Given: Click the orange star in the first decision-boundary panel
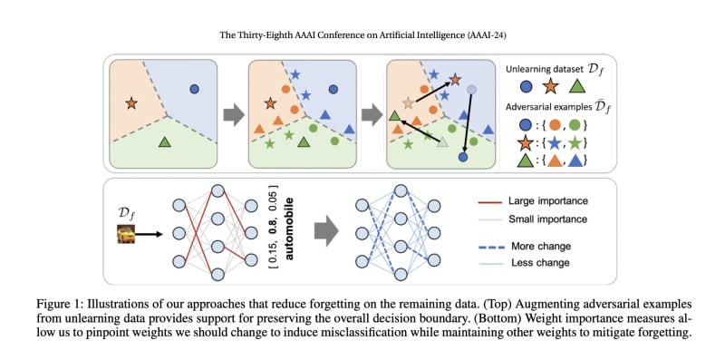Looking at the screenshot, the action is [x=131, y=103].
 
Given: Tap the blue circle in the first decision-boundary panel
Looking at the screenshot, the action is [x=194, y=88].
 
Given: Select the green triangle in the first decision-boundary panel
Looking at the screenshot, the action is [x=165, y=141].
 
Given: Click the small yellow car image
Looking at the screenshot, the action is [x=126, y=234].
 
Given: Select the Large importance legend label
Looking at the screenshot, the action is [x=548, y=200].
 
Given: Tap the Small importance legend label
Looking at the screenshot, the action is [x=548, y=219].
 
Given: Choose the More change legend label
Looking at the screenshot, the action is [x=541, y=246].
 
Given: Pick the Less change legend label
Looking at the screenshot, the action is [x=540, y=263].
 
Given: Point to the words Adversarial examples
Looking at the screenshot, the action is [x=543, y=107].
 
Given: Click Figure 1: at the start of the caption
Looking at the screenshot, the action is [x=54, y=305].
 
